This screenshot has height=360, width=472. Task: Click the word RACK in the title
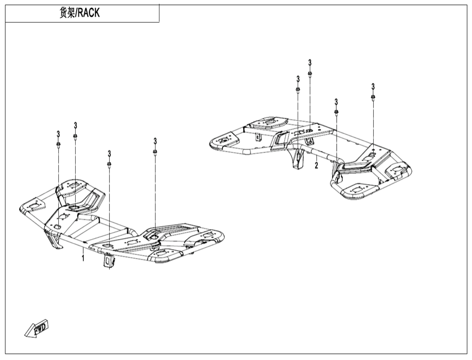(89, 13)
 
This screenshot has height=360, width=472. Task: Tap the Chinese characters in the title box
(67, 13)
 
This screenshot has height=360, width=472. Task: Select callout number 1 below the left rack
(83, 258)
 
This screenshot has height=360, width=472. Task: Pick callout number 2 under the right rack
(316, 166)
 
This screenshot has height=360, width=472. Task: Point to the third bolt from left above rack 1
(109, 164)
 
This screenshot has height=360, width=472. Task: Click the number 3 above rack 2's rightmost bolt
(373, 87)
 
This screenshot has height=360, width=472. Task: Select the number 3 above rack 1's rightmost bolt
(155, 141)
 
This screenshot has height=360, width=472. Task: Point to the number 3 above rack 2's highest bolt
(310, 63)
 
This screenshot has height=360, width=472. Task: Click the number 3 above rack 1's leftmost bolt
(58, 134)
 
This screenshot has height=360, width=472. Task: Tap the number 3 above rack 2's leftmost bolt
(298, 79)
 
